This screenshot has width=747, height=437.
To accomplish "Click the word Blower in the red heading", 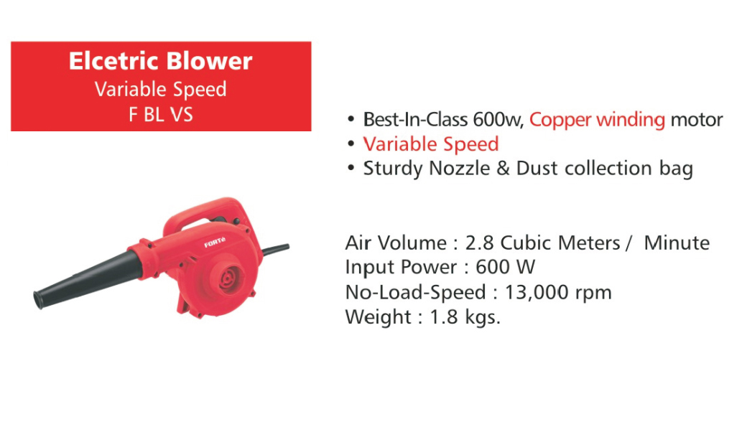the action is tap(209, 61).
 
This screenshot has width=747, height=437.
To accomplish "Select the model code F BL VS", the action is tap(161, 115).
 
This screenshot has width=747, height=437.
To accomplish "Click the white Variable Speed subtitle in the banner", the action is tap(161, 90).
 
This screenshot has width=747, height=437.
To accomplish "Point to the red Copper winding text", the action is tap(597, 120).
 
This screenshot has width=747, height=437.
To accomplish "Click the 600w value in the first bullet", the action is tap(498, 120).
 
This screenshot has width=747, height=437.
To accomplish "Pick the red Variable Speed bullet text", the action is tap(431, 144).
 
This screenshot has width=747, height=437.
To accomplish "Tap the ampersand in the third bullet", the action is tap(503, 169).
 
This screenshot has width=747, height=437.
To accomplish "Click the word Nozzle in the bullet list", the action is tap(459, 169).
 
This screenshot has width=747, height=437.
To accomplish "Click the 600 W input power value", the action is tap(506, 268).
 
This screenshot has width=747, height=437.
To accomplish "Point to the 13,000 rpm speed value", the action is tap(558, 292).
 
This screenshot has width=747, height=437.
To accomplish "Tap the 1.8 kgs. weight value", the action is tap(465, 317).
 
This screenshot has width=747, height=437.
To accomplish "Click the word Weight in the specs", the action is tap(379, 317).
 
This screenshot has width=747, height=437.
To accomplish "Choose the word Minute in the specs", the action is tap(677, 243).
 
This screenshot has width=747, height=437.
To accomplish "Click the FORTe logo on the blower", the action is tap(215, 243).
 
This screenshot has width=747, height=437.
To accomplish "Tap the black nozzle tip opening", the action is tap(37, 299).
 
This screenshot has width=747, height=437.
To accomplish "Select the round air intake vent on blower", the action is tap(231, 279).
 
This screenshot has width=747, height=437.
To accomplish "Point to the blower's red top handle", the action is tap(210, 210).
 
